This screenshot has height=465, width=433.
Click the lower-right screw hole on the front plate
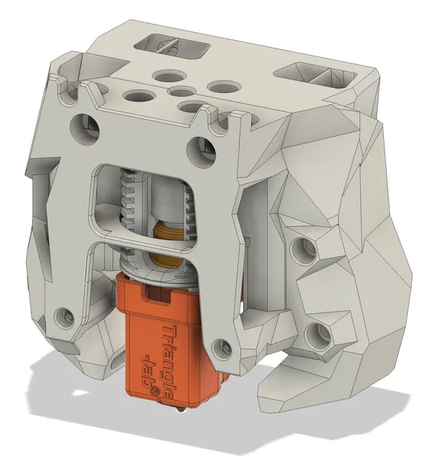pyautogui.click(x=219, y=346)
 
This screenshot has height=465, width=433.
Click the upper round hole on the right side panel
pyautogui.click(x=301, y=248)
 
